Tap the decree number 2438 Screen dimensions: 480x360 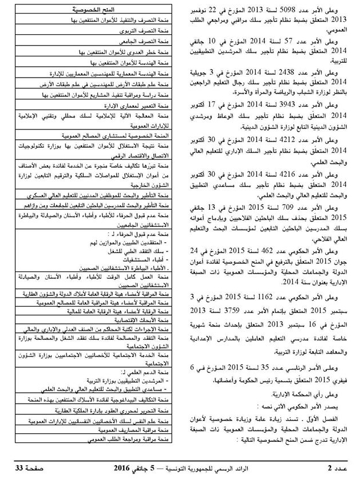296,74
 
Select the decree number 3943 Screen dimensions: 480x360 296,105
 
